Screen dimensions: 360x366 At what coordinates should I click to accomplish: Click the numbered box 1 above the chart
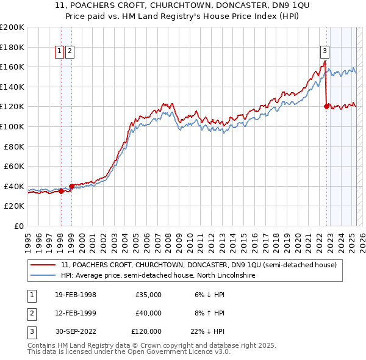[60, 52]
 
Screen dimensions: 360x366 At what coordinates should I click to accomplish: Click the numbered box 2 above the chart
[70, 52]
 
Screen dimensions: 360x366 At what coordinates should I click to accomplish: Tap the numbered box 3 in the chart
[325, 52]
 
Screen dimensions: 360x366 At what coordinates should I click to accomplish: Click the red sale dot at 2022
[326, 107]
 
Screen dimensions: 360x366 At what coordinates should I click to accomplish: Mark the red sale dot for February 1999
[71, 186]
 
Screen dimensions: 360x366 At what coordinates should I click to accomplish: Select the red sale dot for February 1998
[61, 191]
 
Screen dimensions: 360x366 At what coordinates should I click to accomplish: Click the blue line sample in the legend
[43, 276]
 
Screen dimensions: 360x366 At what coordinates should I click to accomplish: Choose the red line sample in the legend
[43, 265]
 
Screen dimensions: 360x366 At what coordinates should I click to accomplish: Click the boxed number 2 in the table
[30, 313]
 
